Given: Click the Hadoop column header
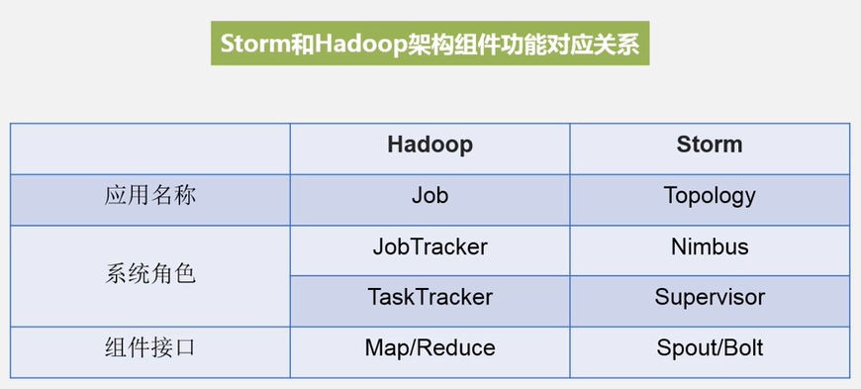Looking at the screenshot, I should click(x=430, y=146).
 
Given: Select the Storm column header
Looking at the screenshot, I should click(x=709, y=146).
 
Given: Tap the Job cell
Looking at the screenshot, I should click(x=430, y=196).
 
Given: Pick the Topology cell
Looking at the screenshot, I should click(x=709, y=196).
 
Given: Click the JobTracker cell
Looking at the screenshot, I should click(x=430, y=247).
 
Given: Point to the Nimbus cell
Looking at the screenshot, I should click(x=709, y=247).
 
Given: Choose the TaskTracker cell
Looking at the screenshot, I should click(x=430, y=298).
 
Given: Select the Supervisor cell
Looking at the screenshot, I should click(x=709, y=298).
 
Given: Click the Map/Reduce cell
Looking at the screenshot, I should click(x=430, y=348).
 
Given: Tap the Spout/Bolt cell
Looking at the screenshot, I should click(x=709, y=348).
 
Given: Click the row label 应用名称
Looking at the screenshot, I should click(x=150, y=196).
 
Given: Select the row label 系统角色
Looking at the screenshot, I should click(x=150, y=273).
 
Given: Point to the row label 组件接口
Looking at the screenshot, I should click(x=150, y=348).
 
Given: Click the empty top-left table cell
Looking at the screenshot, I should click(x=150, y=146).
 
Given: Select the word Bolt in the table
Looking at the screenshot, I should click(x=741, y=348).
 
